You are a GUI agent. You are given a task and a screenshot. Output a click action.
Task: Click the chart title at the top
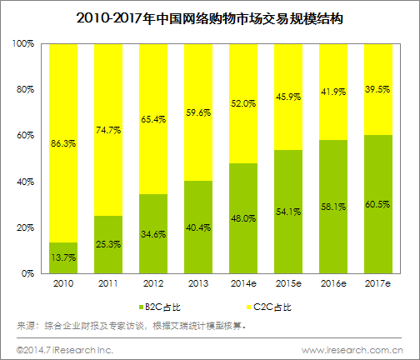coord(210,17)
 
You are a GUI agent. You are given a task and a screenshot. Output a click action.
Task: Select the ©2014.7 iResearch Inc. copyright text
coord(56,348)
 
